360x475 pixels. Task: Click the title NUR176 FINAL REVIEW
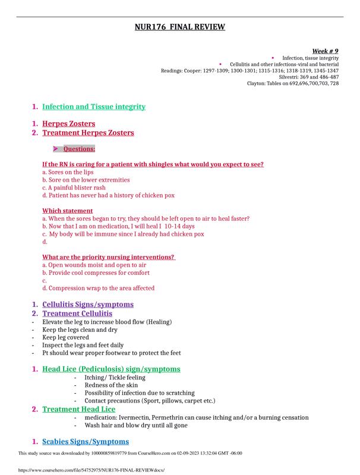pyautogui.click(x=180, y=27)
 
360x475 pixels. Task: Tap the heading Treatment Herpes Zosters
pyautogui.click(x=88, y=133)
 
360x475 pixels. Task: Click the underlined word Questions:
pyautogui.click(x=79, y=149)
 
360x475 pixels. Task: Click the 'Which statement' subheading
pyautogui.click(x=67, y=211)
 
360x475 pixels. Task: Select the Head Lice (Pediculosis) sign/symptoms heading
pyautogui.click(x=111, y=369)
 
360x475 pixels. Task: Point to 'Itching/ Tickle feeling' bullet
pyautogui.click(x=115, y=378)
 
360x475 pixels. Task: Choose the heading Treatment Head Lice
pyautogui.click(x=79, y=409)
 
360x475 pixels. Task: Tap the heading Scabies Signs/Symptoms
pyautogui.click(x=86, y=442)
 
